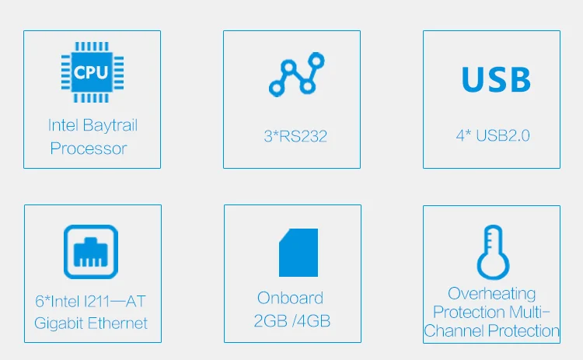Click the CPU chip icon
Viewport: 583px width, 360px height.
click(93, 72)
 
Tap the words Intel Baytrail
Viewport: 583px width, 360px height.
click(93, 125)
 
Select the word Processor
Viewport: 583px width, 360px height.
click(89, 149)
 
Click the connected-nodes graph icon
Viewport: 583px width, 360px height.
click(297, 75)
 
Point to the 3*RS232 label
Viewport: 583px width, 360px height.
click(295, 136)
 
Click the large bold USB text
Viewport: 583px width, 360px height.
click(496, 79)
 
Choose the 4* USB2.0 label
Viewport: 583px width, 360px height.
click(493, 136)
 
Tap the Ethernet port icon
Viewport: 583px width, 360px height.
click(91, 252)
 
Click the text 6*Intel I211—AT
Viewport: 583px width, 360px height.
click(90, 301)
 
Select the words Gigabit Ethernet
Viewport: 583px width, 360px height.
click(91, 323)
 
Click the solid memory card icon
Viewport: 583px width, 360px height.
click(298, 253)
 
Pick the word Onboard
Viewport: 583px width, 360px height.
click(290, 299)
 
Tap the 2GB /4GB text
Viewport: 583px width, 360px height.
click(291, 321)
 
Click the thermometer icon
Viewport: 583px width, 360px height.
click(493, 252)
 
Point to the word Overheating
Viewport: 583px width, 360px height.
click(491, 294)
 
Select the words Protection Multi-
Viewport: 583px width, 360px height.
click(491, 312)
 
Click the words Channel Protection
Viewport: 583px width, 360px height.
click(491, 330)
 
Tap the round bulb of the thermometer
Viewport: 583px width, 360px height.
click(493, 265)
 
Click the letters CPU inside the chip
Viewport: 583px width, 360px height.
click(91, 72)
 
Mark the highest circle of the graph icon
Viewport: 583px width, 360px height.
click(316, 60)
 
